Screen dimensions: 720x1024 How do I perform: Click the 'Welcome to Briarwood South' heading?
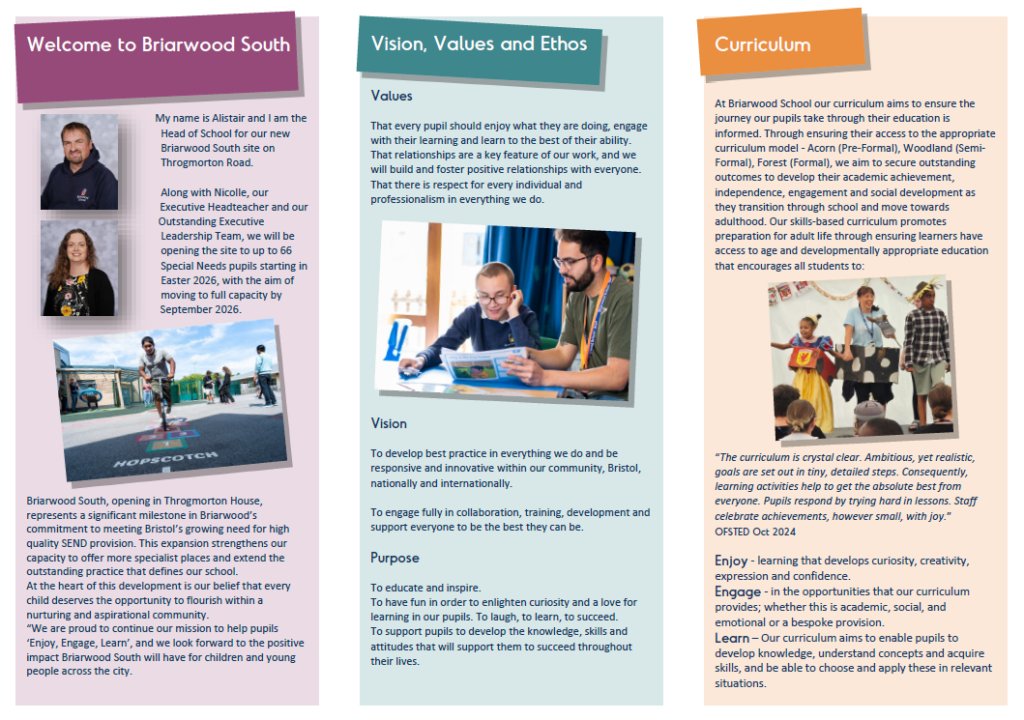(158, 44)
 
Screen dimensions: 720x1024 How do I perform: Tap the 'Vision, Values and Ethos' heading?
(479, 43)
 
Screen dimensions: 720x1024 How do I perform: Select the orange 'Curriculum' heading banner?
(763, 44)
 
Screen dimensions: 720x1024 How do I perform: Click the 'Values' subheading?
(392, 96)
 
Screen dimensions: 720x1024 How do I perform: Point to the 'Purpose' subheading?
(395, 558)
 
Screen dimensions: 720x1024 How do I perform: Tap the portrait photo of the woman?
(78, 268)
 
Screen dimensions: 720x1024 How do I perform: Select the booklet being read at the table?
(483, 363)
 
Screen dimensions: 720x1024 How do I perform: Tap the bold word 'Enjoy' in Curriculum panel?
(731, 562)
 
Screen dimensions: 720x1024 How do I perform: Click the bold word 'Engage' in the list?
(737, 591)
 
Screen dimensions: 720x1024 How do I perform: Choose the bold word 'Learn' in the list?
(732, 638)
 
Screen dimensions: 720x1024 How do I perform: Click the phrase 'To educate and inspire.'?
(425, 588)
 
